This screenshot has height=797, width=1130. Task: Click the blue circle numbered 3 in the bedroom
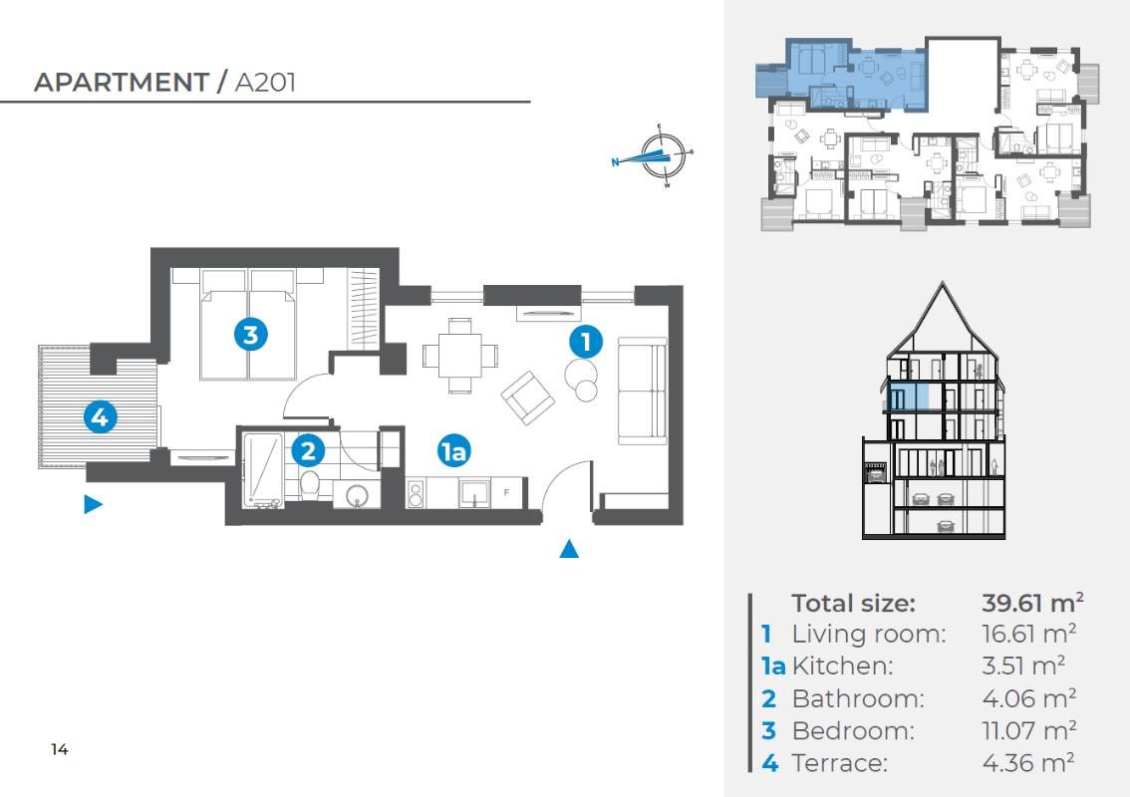[250, 335]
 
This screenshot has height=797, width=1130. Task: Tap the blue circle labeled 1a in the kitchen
[453, 451]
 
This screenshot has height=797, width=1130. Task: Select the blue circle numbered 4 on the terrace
[101, 416]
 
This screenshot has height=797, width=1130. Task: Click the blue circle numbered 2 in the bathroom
[308, 450]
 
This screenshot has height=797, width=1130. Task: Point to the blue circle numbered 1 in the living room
[586, 341]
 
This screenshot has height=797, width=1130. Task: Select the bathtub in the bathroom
[262, 469]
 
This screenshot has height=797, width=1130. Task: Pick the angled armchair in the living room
[528, 398]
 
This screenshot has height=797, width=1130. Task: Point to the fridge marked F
[506, 493]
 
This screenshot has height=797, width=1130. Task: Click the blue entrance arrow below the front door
[569, 549]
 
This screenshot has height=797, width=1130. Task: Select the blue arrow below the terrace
[93, 504]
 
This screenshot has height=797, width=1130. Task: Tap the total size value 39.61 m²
[1032, 603]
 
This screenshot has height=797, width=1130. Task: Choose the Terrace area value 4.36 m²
[1028, 762]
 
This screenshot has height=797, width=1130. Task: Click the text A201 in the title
[265, 82]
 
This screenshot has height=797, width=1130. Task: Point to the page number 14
[60, 749]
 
